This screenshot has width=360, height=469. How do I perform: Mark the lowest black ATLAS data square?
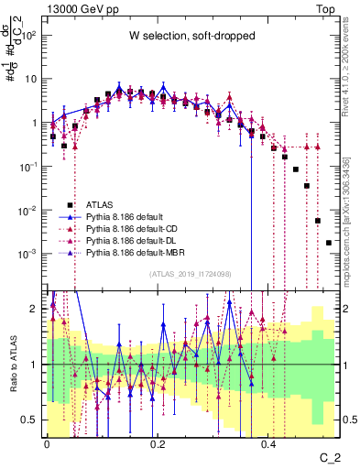[329, 243]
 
